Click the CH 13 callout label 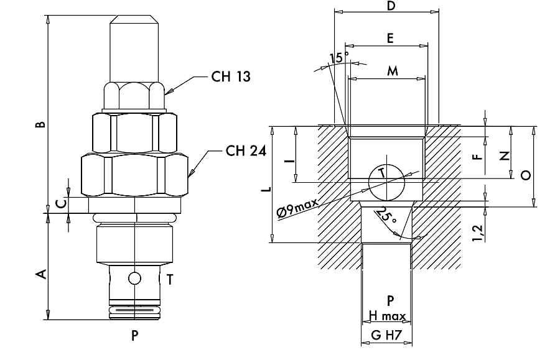(x=231, y=76)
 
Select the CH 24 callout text (x=246, y=151)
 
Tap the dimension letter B (x=41, y=124)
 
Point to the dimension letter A (x=42, y=274)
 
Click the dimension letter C (x=61, y=204)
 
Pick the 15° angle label (x=338, y=58)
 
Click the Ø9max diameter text (x=297, y=208)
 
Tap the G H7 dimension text (x=386, y=335)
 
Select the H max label (x=387, y=316)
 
